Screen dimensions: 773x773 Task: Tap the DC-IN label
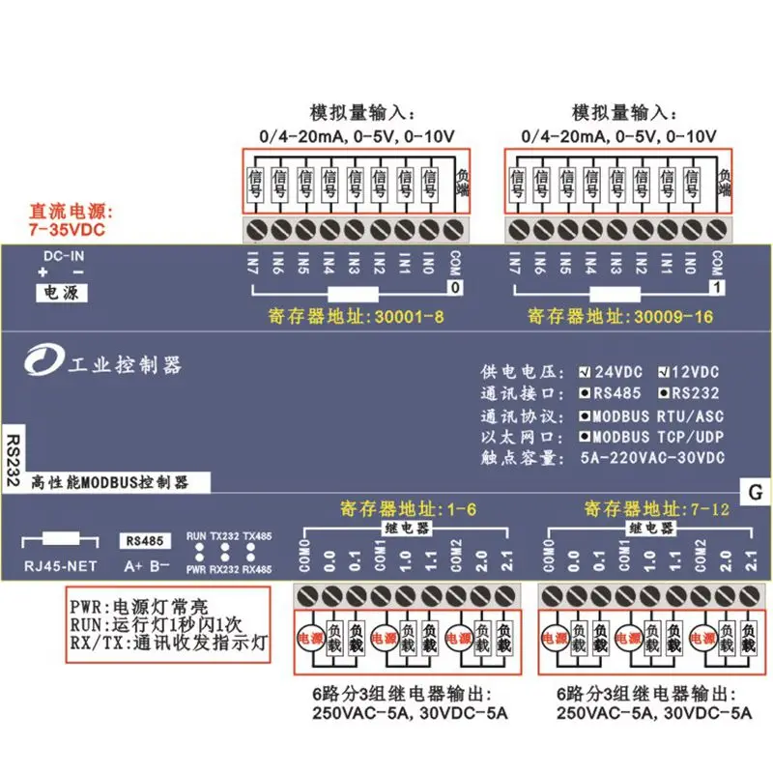[61, 257]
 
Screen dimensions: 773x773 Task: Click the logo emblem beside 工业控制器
[41, 364]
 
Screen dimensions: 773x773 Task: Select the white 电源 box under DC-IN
[61, 290]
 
